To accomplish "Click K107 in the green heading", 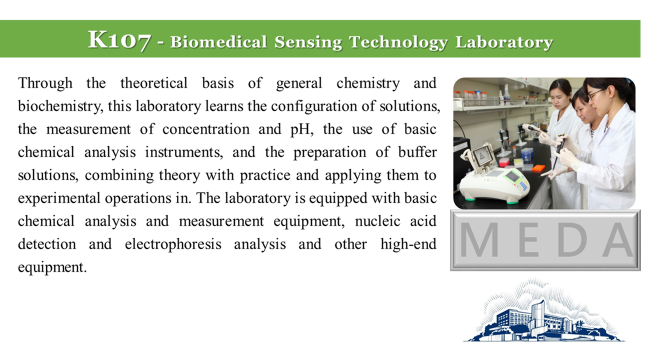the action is tap(119, 40).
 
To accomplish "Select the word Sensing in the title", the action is tap(308, 42).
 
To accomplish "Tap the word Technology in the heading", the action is tap(398, 42).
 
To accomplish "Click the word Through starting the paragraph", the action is tap(45, 83).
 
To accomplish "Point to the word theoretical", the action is tap(153, 83).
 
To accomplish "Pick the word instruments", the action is tap(184, 152).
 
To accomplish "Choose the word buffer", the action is tap(417, 152).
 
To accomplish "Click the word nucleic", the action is tap(377, 221).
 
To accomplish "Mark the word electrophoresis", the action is tap(173, 244).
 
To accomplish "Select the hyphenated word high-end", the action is tap(408, 244).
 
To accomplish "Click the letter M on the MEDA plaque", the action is tap(479, 239).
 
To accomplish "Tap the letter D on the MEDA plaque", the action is tap(572, 239).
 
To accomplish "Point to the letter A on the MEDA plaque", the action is tap(618, 239).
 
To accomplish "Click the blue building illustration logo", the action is tap(543, 310).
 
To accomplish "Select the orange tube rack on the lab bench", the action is tap(538, 168).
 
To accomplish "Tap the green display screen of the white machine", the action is tap(513, 176).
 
